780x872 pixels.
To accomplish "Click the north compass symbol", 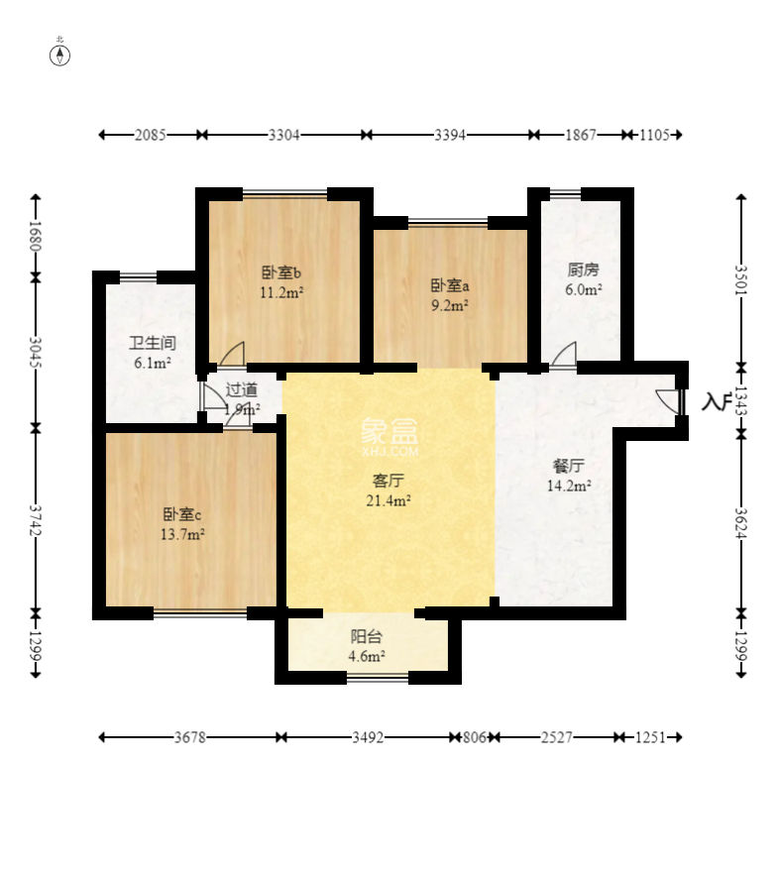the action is [59, 55].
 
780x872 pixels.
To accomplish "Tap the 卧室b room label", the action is [281, 272].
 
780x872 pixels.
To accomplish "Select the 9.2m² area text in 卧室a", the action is [450, 305].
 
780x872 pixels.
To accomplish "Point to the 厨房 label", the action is [583, 270].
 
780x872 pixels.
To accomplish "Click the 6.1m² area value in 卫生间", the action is [153, 363].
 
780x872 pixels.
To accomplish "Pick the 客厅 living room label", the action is [388, 481].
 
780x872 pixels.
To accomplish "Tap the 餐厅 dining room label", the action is [568, 466].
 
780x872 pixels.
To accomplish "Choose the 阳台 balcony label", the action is [367, 636].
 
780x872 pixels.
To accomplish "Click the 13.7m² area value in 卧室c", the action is [182, 534].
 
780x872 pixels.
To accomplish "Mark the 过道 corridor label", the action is [242, 389].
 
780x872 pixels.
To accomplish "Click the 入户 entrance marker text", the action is [715, 401].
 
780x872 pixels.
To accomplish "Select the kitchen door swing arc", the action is [564, 355].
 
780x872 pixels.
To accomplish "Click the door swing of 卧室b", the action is [233, 354].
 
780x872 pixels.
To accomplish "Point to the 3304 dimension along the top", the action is [283, 135].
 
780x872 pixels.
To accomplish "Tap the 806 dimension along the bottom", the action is [474, 737].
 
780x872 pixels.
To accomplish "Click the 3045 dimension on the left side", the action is [36, 352].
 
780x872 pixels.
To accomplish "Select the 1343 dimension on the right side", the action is [740, 400].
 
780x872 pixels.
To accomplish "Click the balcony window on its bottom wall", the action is [378, 678].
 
